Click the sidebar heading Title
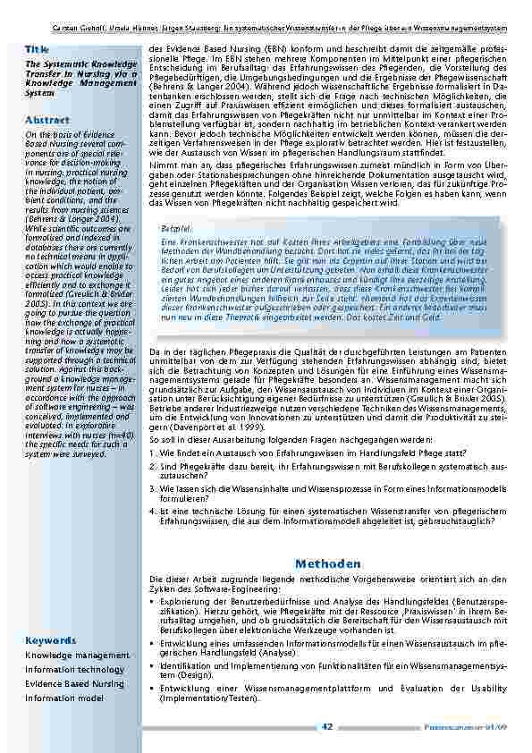tap(37, 47)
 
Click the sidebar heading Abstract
tap(43, 119)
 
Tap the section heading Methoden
tap(327, 563)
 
